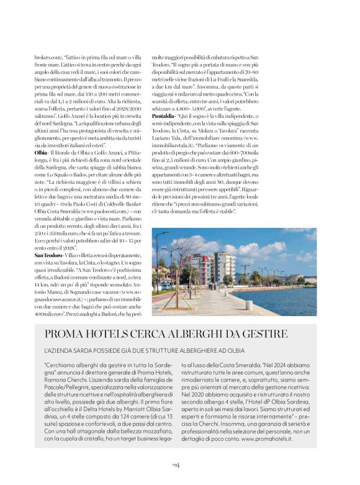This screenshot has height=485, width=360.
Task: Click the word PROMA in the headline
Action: (69, 334)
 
